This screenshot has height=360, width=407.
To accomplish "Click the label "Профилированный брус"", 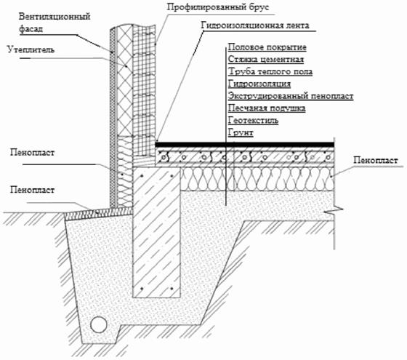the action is click(218, 7).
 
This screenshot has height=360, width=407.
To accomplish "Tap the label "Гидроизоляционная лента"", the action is click(255, 25).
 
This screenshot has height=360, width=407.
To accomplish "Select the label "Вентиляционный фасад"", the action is click(55, 23).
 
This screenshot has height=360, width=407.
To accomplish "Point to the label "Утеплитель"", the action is click(31, 49).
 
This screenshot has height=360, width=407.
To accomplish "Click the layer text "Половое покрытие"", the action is click(267, 47).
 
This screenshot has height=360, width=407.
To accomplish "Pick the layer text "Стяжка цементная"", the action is click(266, 59).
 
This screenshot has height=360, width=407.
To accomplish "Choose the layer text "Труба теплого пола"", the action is click(270, 71).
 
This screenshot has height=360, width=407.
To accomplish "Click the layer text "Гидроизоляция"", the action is click(259, 84).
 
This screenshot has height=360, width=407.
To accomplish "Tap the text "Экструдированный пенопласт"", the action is click(291, 96).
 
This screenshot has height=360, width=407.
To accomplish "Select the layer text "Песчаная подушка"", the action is click(267, 108).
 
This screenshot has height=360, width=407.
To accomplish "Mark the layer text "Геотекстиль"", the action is click(253, 120).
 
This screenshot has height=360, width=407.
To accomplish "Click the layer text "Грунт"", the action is click(241, 132).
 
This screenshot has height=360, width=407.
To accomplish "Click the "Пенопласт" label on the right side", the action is click(376, 160).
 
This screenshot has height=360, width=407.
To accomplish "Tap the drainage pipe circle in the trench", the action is click(99, 324).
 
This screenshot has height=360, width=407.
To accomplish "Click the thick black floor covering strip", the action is click(244, 145).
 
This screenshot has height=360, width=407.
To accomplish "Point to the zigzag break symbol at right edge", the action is click(334, 209).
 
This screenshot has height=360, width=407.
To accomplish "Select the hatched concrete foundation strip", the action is click(156, 232).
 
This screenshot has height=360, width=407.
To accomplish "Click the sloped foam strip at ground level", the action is click(99, 212).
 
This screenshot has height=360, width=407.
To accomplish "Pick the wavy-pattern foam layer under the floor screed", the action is click(257, 179).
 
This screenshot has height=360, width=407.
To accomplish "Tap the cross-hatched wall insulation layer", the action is click(125, 81).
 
